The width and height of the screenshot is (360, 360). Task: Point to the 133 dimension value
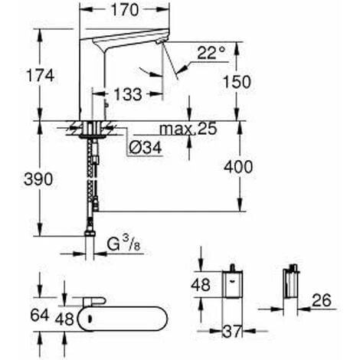pos(127,94)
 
